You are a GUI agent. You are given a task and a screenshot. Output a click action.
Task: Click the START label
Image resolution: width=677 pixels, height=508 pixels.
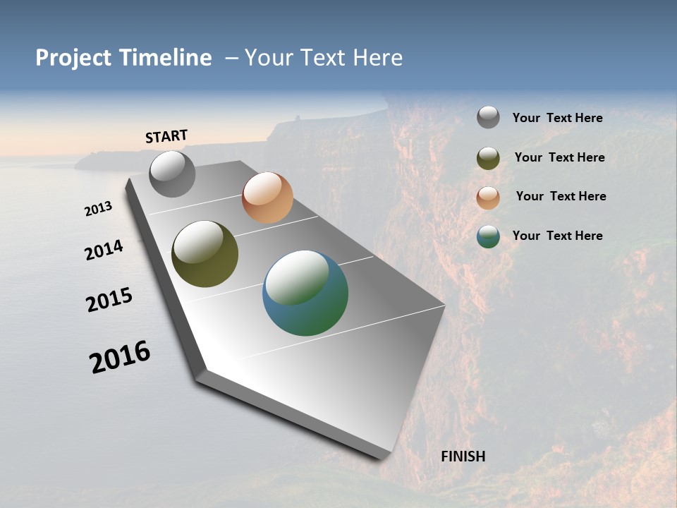click(x=166, y=136)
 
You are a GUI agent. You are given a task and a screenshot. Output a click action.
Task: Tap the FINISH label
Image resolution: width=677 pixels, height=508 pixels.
click(x=463, y=456)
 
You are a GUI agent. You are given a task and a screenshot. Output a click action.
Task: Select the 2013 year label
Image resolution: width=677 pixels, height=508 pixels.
click(x=98, y=209)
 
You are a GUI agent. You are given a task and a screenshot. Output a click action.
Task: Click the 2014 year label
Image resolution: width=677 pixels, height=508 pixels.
click(x=104, y=250)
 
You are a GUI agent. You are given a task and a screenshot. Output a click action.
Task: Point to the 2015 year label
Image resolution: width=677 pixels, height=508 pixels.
click(x=109, y=299)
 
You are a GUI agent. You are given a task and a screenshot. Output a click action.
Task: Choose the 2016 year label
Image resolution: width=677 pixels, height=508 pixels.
click(x=120, y=357)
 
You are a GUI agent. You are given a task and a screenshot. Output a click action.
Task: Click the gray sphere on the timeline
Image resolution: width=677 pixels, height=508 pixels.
click(x=173, y=174)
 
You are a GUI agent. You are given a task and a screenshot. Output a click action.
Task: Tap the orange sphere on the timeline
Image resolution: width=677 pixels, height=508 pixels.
click(x=267, y=198)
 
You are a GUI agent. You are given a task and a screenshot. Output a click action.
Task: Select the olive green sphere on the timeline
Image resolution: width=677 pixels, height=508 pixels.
click(x=205, y=254)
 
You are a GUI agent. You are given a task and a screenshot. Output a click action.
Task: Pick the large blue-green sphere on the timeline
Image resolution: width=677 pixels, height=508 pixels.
click(x=305, y=293)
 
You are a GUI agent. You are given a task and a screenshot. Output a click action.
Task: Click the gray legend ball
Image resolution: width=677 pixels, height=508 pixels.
click(x=488, y=118)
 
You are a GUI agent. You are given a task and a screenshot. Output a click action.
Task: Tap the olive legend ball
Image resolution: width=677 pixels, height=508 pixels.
click(x=488, y=158)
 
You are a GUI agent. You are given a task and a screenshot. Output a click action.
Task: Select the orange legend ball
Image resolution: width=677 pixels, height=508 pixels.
click(x=488, y=197)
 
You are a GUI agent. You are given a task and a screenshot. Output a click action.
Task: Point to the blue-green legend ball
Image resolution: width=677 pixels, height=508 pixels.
click(x=488, y=236)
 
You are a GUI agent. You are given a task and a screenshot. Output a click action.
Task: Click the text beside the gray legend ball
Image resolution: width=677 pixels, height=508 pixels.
click(x=557, y=118)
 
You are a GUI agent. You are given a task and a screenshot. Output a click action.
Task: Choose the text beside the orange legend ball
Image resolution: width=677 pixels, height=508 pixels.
click(x=561, y=196)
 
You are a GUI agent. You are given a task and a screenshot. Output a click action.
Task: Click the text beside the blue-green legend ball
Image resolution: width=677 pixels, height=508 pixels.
click(x=557, y=236)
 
